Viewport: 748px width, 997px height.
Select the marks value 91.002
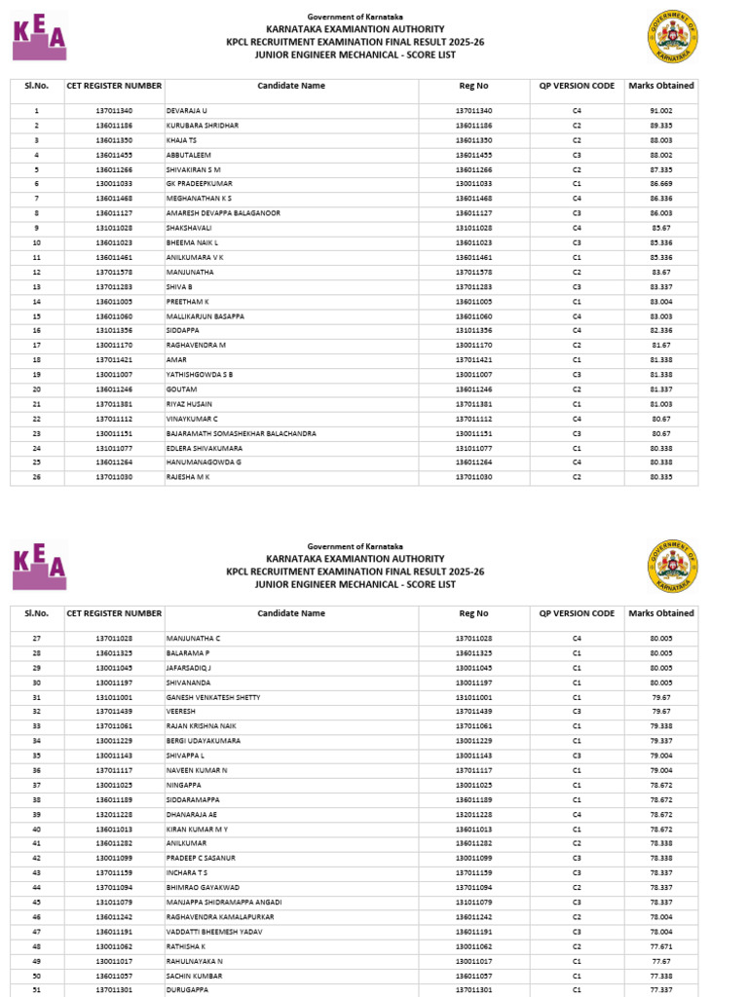tap(661, 112)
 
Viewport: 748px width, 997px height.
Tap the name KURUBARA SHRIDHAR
tap(202, 127)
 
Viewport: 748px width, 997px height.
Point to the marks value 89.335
tap(661, 127)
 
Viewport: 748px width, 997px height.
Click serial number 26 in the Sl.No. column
tap(36, 478)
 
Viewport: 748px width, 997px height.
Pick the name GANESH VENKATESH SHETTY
tap(213, 698)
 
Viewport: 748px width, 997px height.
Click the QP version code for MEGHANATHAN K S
tap(577, 200)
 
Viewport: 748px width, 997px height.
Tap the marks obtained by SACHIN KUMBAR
tap(661, 975)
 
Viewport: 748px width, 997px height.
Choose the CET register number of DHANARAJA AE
tap(114, 814)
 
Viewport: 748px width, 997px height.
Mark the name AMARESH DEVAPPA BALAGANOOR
tap(223, 213)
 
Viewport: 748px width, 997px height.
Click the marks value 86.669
tap(661, 184)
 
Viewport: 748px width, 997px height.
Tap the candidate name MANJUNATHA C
tap(194, 639)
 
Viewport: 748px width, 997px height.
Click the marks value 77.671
tap(661, 945)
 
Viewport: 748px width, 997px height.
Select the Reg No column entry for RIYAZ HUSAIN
tap(473, 404)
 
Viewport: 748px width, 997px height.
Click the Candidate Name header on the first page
tap(291, 86)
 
